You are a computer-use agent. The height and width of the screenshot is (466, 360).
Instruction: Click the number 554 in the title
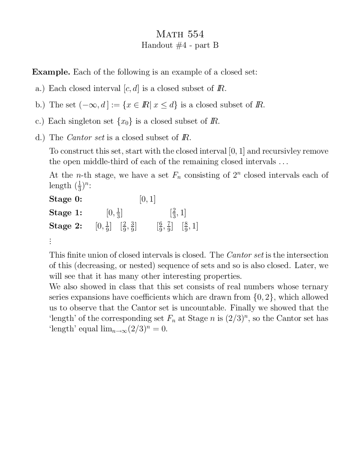tap(196, 34)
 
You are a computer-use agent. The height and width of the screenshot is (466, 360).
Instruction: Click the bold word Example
tap(51, 72)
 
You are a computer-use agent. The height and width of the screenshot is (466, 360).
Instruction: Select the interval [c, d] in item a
tap(131, 88)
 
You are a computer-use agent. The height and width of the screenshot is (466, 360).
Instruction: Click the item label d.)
tap(40, 137)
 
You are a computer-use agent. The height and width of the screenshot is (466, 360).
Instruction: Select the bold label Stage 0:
tap(66, 199)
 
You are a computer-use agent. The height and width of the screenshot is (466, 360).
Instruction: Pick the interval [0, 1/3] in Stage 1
tap(114, 212)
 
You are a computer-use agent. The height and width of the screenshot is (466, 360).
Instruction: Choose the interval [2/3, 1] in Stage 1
tap(178, 212)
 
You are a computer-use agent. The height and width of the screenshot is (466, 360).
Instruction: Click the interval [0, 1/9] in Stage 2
tap(103, 226)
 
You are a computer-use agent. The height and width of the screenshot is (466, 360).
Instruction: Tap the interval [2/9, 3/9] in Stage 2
tap(128, 226)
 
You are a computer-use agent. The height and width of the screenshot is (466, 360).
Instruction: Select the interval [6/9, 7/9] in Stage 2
tap(165, 226)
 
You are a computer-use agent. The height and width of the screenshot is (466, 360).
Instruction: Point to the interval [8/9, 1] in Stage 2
tap(190, 226)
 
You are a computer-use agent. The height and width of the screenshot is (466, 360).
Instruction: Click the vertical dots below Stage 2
tap(50, 241)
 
